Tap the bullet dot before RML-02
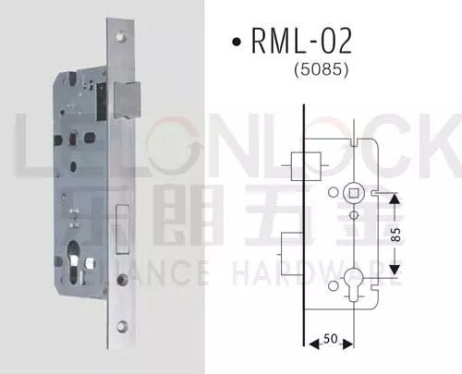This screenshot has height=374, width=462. pyautogui.click(x=237, y=42)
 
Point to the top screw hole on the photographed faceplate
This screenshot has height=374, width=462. pyautogui.click(x=125, y=39)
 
